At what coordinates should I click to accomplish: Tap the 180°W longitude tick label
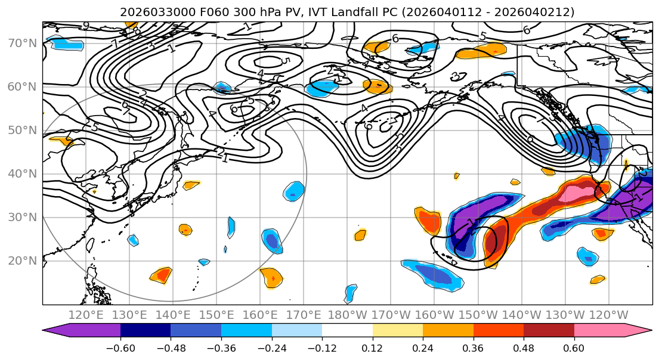tap(347, 315)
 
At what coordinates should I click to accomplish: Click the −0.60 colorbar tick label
tap(120, 347)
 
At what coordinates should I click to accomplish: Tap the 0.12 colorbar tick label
tap(373, 347)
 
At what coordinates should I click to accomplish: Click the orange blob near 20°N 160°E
tap(271, 277)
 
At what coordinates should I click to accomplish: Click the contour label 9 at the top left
tap(86, 26)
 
